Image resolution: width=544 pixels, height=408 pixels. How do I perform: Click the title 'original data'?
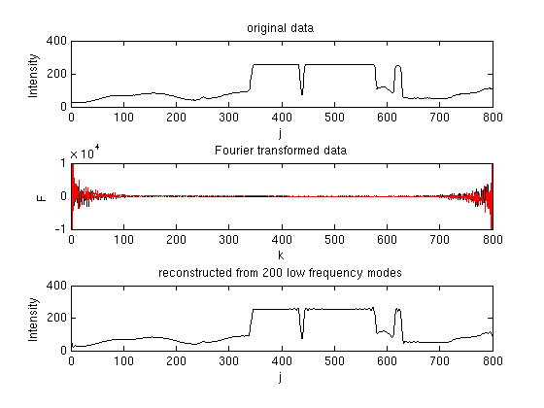coord(282,27)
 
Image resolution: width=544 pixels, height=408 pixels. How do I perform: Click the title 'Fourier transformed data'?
coord(282,152)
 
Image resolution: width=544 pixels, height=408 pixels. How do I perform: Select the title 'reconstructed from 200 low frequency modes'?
coord(281,273)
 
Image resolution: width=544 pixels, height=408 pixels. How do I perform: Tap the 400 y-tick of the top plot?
coord(55,42)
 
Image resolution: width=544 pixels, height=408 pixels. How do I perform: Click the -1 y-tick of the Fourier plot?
coord(60,228)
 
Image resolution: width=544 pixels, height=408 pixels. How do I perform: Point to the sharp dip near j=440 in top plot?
coord(302,93)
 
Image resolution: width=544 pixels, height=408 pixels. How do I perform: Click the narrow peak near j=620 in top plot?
coord(397,67)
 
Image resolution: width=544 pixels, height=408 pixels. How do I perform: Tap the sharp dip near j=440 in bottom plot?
coord(302,337)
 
